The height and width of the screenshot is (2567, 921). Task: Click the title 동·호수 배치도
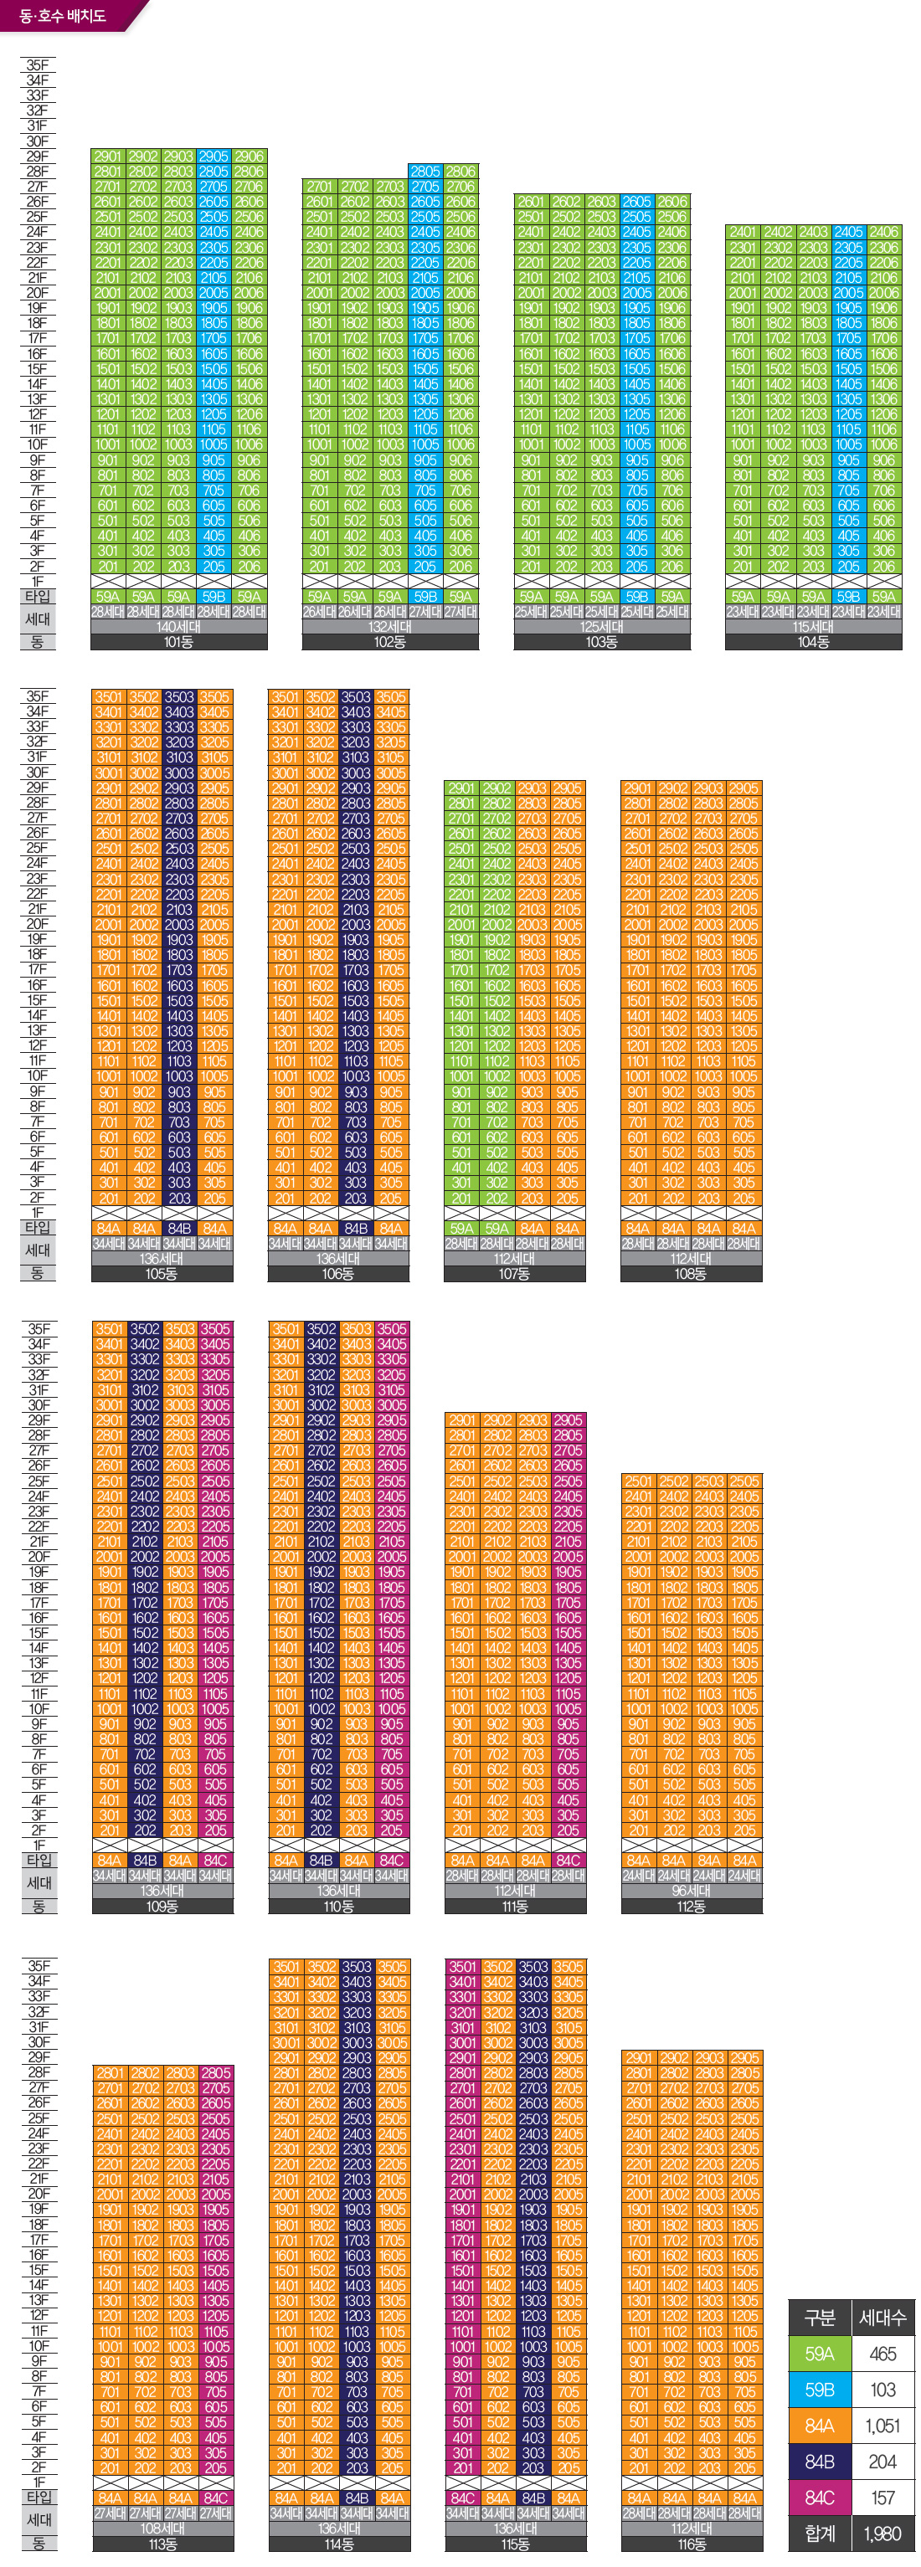point(62,16)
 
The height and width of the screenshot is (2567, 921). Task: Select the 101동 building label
point(178,643)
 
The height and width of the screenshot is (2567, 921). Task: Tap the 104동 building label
point(813,643)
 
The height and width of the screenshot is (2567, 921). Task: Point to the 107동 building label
point(514,1274)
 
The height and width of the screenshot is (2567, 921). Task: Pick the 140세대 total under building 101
point(178,627)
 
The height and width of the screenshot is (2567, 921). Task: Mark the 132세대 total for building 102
point(389,627)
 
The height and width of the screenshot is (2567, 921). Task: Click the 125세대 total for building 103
point(601,627)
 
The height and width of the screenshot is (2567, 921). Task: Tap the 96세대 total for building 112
point(691,1891)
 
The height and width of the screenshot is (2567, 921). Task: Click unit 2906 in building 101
point(250,157)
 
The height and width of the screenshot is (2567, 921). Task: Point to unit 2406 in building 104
point(884,232)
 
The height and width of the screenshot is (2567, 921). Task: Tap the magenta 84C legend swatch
point(820,2498)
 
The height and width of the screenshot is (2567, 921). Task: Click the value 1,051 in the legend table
point(882,2426)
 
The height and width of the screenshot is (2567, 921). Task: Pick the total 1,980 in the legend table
point(882,2534)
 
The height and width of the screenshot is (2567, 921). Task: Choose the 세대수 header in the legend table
point(882,2318)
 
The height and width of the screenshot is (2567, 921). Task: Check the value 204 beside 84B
point(882,2462)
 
